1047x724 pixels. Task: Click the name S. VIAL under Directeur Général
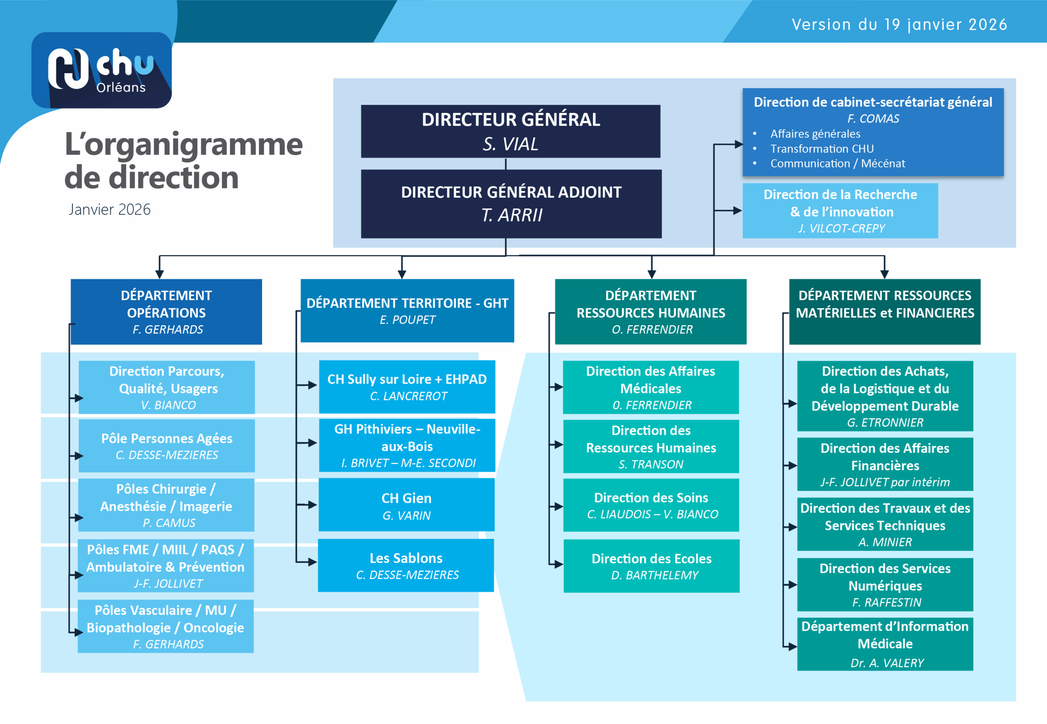click(510, 144)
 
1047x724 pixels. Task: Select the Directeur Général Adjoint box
click(511, 204)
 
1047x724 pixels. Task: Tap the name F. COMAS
click(873, 119)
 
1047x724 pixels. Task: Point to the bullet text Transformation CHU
click(821, 149)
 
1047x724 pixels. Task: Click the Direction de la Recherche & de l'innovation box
click(840, 210)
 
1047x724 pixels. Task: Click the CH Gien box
click(407, 505)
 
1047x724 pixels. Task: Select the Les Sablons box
click(406, 565)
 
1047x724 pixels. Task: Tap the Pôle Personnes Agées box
click(166, 445)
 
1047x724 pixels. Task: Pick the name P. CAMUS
click(169, 523)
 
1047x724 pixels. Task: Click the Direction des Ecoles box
click(651, 566)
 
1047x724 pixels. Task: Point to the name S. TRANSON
click(651, 465)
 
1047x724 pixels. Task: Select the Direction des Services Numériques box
click(885, 584)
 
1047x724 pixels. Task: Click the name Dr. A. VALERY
click(887, 663)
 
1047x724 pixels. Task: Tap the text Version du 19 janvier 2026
click(899, 25)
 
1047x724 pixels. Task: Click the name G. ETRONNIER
click(885, 423)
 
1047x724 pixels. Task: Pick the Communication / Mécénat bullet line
click(837, 164)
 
